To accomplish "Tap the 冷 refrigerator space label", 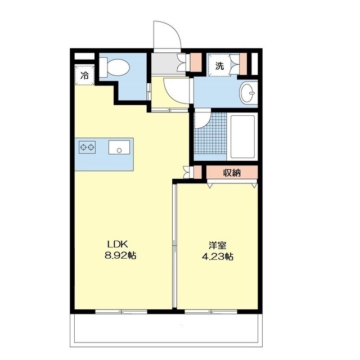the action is [84, 75].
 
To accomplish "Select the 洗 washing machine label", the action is [219, 66].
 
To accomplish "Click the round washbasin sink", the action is [248, 93].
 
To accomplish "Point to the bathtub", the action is [242, 137].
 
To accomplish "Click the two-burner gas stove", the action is [87, 147].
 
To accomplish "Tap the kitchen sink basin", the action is [119, 147].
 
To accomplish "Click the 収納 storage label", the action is [232, 173].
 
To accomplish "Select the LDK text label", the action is [118, 244].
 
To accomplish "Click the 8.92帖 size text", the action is [120, 255].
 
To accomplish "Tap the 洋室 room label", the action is [218, 245].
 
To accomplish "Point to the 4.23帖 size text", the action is [218, 256].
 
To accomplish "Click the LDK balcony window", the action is [121, 312].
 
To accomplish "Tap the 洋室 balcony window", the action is [211, 312].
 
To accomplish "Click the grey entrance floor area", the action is [168, 64].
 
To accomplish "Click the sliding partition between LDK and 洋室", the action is [174, 245].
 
